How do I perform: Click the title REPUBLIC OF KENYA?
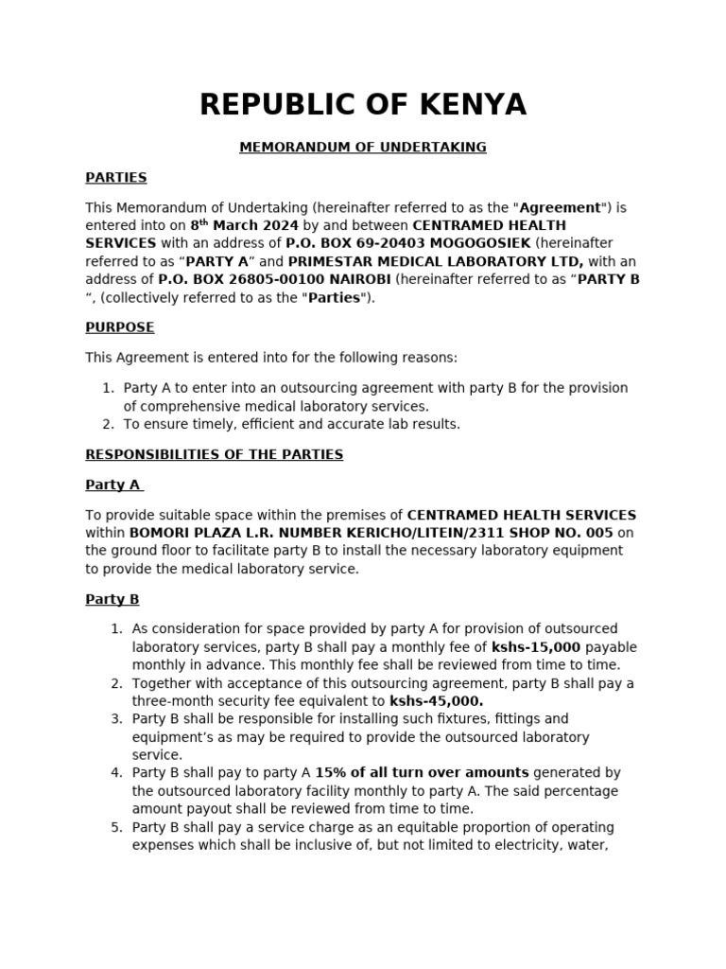pyautogui.click(x=363, y=105)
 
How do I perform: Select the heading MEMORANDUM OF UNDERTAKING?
pyautogui.click(x=363, y=148)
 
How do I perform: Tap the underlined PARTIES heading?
pyautogui.click(x=115, y=178)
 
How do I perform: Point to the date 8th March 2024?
pyautogui.click(x=244, y=225)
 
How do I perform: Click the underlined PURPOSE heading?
pyautogui.click(x=119, y=327)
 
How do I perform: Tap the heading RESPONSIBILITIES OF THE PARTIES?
pyautogui.click(x=214, y=454)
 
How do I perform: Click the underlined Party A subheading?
pyautogui.click(x=112, y=484)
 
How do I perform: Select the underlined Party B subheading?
pyautogui.click(x=112, y=599)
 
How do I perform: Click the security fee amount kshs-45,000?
pyautogui.click(x=436, y=701)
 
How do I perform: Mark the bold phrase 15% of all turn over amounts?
pyautogui.click(x=422, y=773)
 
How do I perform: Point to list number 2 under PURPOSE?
pyautogui.click(x=107, y=424)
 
